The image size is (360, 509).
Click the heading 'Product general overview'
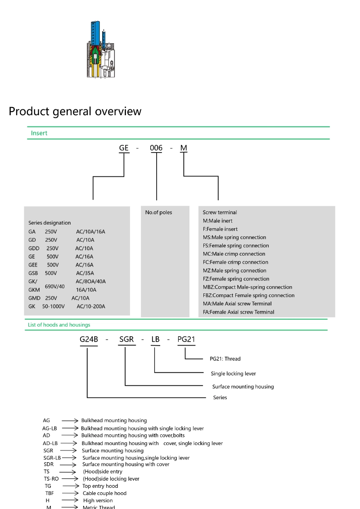coord(75,111)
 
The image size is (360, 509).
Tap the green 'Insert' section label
coord(39,133)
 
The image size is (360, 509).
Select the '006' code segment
coord(156,148)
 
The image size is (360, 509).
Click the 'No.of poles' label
coord(158,212)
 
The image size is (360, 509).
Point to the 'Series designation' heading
coord(49,223)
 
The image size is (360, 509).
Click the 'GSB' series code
coord(33,273)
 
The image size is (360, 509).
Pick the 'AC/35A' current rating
coord(85,273)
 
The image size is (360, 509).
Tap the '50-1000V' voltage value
coord(53,306)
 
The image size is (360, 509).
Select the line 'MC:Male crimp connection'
coord(234,254)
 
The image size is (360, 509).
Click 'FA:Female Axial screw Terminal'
coord(238,312)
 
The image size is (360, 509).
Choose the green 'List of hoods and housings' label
coord(59,324)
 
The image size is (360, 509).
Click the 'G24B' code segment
coord(89,339)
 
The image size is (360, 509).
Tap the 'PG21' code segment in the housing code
coord(186,339)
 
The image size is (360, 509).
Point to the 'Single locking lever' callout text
coord(234,374)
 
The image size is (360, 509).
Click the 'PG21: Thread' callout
coord(225,359)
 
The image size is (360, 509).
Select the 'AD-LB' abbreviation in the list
coord(50,443)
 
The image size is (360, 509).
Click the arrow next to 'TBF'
coord(71,493)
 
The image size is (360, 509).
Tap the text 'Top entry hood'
coord(100,486)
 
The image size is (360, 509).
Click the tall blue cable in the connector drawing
coord(95,34)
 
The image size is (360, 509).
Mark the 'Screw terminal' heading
coord(220,212)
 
